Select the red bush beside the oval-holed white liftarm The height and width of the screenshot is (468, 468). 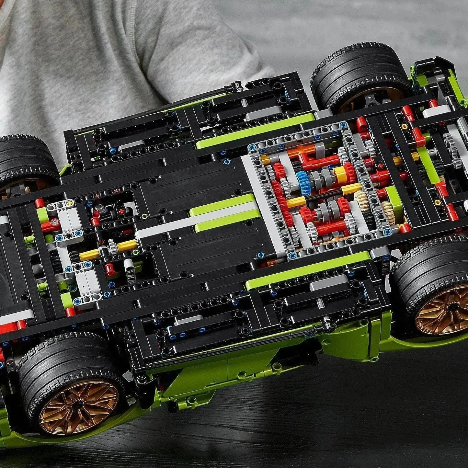[109, 269]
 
